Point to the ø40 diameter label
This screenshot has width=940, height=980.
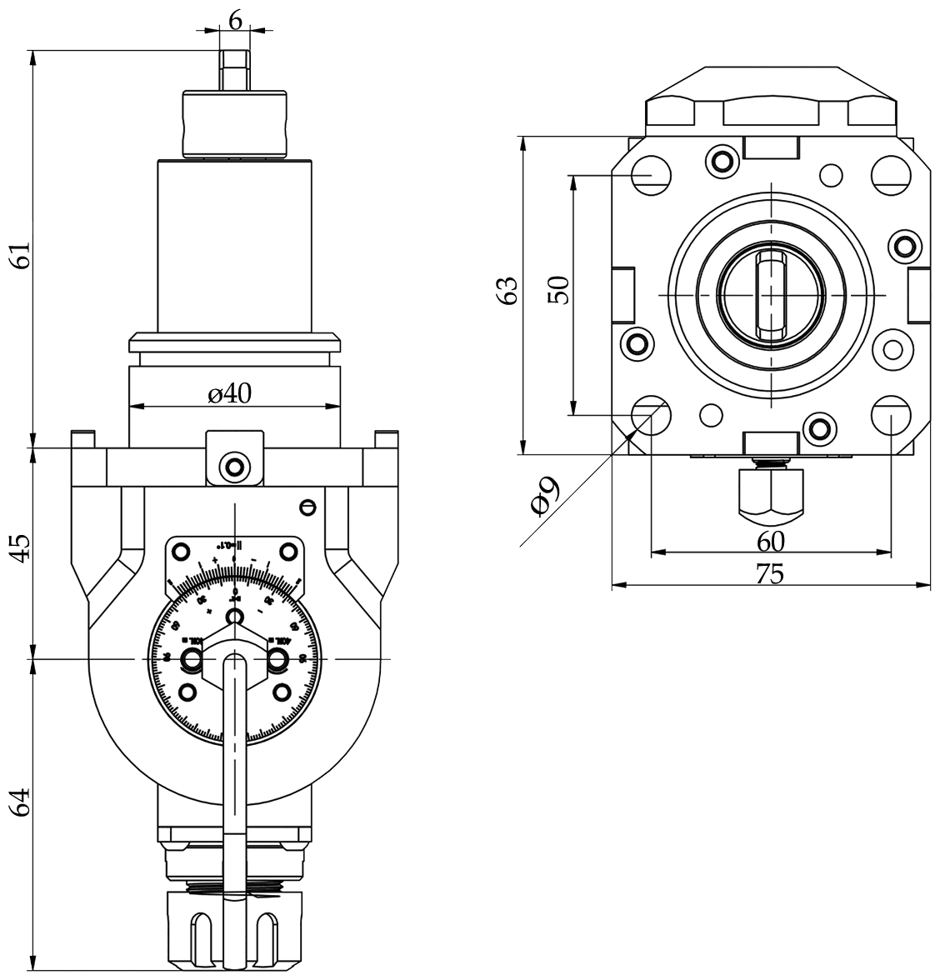point(230,393)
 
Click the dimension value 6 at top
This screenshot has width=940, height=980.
point(235,20)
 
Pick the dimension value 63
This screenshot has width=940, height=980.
point(507,292)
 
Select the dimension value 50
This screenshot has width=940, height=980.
point(559,290)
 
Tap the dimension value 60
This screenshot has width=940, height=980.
point(771,542)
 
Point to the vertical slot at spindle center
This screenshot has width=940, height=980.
point(772,295)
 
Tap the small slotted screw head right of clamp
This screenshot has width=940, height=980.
point(307,506)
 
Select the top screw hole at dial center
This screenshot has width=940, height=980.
point(235,616)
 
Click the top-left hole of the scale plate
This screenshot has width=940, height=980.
point(181,551)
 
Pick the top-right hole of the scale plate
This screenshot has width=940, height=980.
point(287,551)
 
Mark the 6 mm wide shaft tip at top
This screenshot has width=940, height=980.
point(235,68)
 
